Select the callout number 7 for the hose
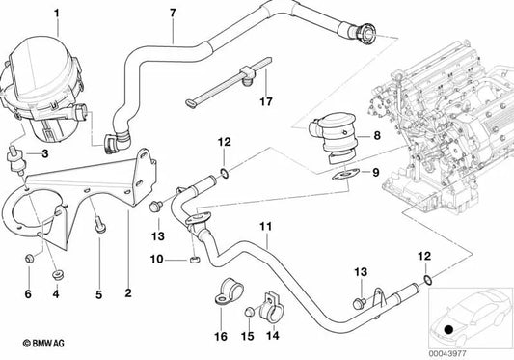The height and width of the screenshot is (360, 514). pyautogui.click(x=173, y=13)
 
